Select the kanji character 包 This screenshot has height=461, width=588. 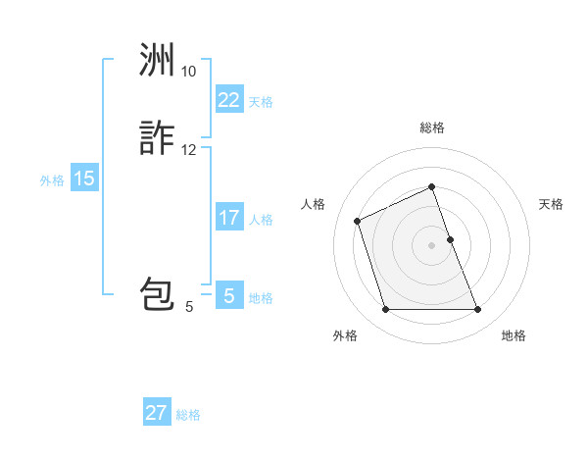tap(157, 295)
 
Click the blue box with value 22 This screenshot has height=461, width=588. tap(228, 99)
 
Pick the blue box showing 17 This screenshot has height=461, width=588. tap(228, 217)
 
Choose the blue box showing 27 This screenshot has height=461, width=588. tap(157, 412)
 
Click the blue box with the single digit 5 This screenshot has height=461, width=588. tap(228, 295)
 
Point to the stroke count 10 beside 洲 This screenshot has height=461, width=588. tap(188, 72)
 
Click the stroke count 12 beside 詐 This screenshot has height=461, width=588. tap(188, 150)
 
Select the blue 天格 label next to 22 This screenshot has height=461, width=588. tap(261, 102)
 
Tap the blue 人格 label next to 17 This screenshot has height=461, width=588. tap(261, 220)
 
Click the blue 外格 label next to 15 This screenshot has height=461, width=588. tap(51, 180)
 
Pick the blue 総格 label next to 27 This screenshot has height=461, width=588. tap(188, 416)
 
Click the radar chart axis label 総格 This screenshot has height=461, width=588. tap(432, 128)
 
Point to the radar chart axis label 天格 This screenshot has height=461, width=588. tap(551, 204)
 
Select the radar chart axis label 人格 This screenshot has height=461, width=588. tap(314, 204)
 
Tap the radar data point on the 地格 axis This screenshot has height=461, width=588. tap(478, 310)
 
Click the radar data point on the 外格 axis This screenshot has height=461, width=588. tap(385, 310)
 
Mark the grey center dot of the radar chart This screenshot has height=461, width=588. tap(432, 245)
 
